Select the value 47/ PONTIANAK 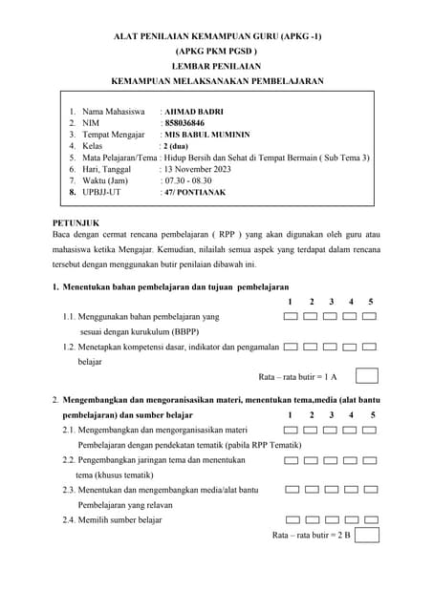(x=196, y=191)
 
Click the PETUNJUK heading (x=76, y=222)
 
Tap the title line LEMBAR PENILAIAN (x=216, y=66)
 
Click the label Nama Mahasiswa (x=113, y=112)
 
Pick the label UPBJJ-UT (x=102, y=191)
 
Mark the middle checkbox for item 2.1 (x=331, y=431)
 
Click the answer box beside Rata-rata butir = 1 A (x=367, y=376)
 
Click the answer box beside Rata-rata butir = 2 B (x=367, y=535)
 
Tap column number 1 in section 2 (x=290, y=415)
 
